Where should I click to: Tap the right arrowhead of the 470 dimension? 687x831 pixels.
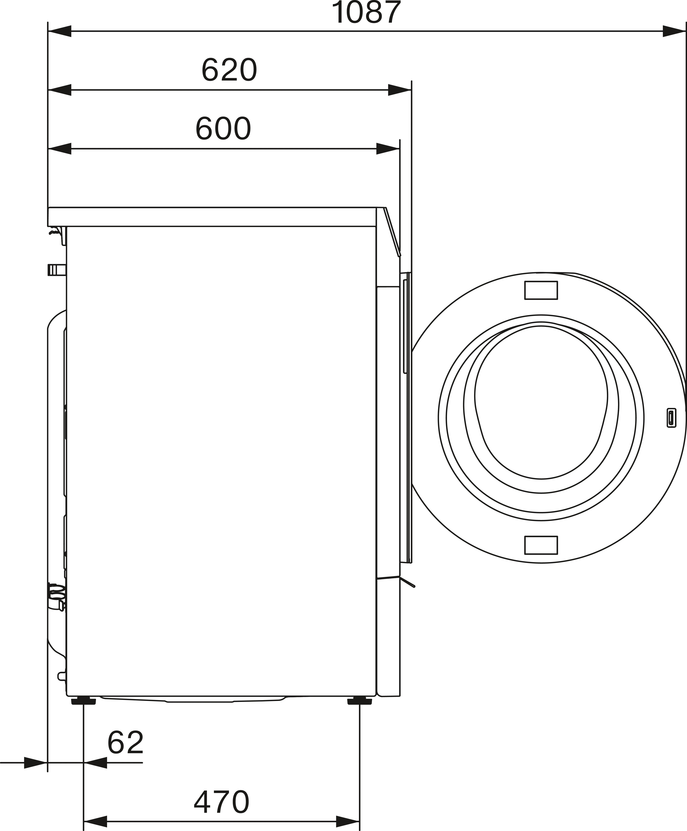(348, 820)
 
